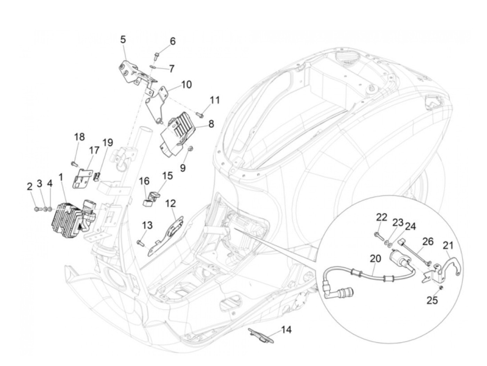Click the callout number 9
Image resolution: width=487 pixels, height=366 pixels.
coord(182,168)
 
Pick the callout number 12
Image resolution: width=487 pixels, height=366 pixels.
coord(170,204)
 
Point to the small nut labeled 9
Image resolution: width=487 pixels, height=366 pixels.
coord(190,149)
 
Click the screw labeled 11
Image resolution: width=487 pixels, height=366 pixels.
coord(200,114)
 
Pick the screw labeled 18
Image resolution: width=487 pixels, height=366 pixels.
coord(74,164)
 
